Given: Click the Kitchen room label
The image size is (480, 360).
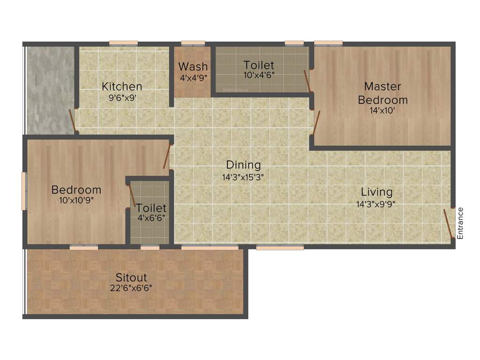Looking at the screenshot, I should tap(122, 86).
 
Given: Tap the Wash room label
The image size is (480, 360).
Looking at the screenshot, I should tap(193, 66).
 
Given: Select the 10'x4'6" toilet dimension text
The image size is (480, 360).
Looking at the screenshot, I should tap(259, 75).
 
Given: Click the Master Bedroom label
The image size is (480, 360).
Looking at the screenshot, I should tap(382, 93).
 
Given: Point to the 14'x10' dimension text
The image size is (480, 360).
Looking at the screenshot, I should tap(382, 111).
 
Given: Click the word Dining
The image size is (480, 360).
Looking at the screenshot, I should tap(243, 165).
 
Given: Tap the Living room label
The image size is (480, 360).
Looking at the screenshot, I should tap(376, 192).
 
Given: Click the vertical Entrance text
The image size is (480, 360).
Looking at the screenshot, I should tap(460, 223).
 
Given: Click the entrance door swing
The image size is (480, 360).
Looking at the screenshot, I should tap(448, 224).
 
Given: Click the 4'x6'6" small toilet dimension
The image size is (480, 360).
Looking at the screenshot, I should tap(150, 218).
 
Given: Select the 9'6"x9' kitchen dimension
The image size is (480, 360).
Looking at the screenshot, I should tap(122, 98).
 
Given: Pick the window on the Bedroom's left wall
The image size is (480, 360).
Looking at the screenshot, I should tap(24, 190).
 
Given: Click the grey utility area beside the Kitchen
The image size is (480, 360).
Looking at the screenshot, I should tap(50, 89).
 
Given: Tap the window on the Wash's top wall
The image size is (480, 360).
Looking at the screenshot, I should tap(193, 44).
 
